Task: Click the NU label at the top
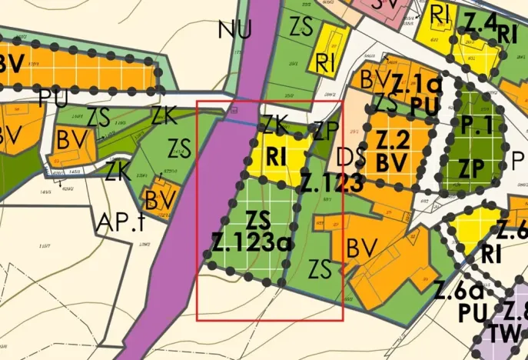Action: coord(234,30)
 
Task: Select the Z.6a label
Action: coord(459,292)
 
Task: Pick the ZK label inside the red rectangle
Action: coord(274,124)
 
